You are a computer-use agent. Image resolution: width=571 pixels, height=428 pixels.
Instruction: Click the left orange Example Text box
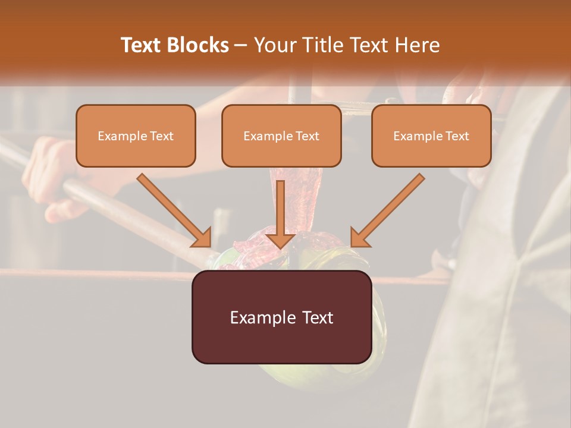(136, 136)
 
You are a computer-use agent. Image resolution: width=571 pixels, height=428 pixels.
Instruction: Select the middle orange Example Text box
(281, 136)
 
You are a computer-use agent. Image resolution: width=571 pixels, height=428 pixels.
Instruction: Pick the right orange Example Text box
(431, 136)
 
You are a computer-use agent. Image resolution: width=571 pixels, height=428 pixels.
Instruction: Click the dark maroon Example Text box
(281, 317)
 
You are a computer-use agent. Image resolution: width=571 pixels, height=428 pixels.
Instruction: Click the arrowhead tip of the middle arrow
(281, 246)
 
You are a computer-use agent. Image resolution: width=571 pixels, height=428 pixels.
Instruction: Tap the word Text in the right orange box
(457, 136)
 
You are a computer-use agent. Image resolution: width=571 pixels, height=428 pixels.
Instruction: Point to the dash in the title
(241, 46)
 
